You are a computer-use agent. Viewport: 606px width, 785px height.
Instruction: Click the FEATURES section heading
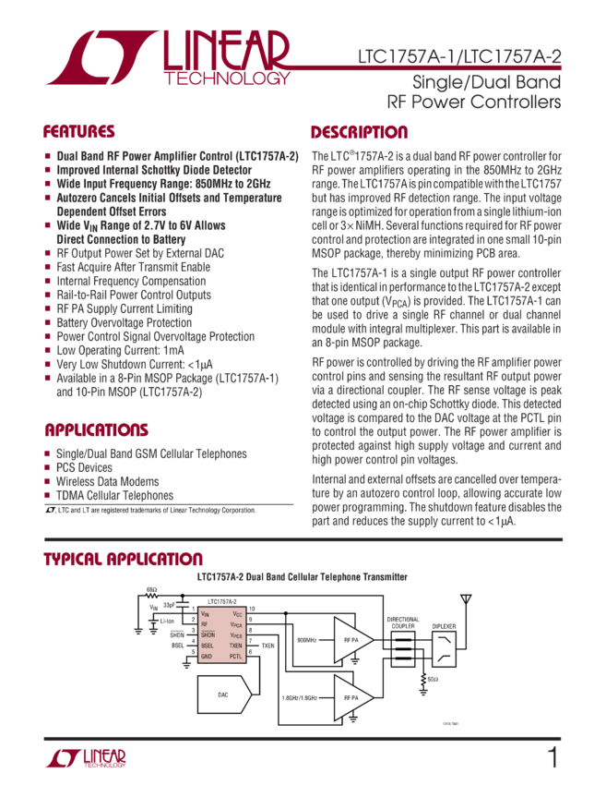(x=79, y=131)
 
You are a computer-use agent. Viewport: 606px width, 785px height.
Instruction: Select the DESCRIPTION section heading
(x=359, y=131)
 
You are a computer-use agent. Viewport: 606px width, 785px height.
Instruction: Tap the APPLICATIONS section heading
(x=95, y=431)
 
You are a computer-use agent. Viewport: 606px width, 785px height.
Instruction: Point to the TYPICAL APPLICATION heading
(x=123, y=560)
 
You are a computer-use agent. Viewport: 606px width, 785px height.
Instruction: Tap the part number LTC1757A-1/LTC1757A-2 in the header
(x=458, y=58)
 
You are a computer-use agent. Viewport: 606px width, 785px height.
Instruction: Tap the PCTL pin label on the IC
(x=235, y=656)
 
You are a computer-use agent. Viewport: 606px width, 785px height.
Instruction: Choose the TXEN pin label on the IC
(x=235, y=646)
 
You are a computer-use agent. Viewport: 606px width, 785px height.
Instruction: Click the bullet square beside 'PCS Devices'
(x=48, y=468)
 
